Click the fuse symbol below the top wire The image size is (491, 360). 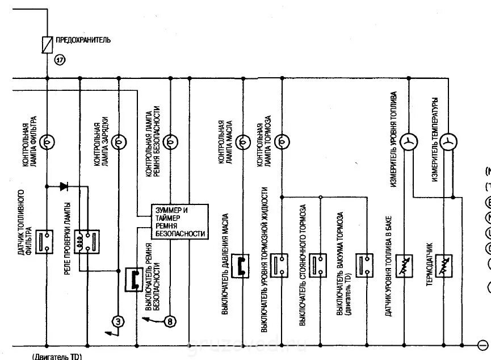(47, 44)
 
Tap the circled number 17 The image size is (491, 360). (59, 58)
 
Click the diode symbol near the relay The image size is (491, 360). (64, 186)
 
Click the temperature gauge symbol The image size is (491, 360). (448, 141)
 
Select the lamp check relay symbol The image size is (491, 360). (90, 241)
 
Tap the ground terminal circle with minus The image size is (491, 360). (483, 344)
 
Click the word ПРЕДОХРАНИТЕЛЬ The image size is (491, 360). (83, 40)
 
